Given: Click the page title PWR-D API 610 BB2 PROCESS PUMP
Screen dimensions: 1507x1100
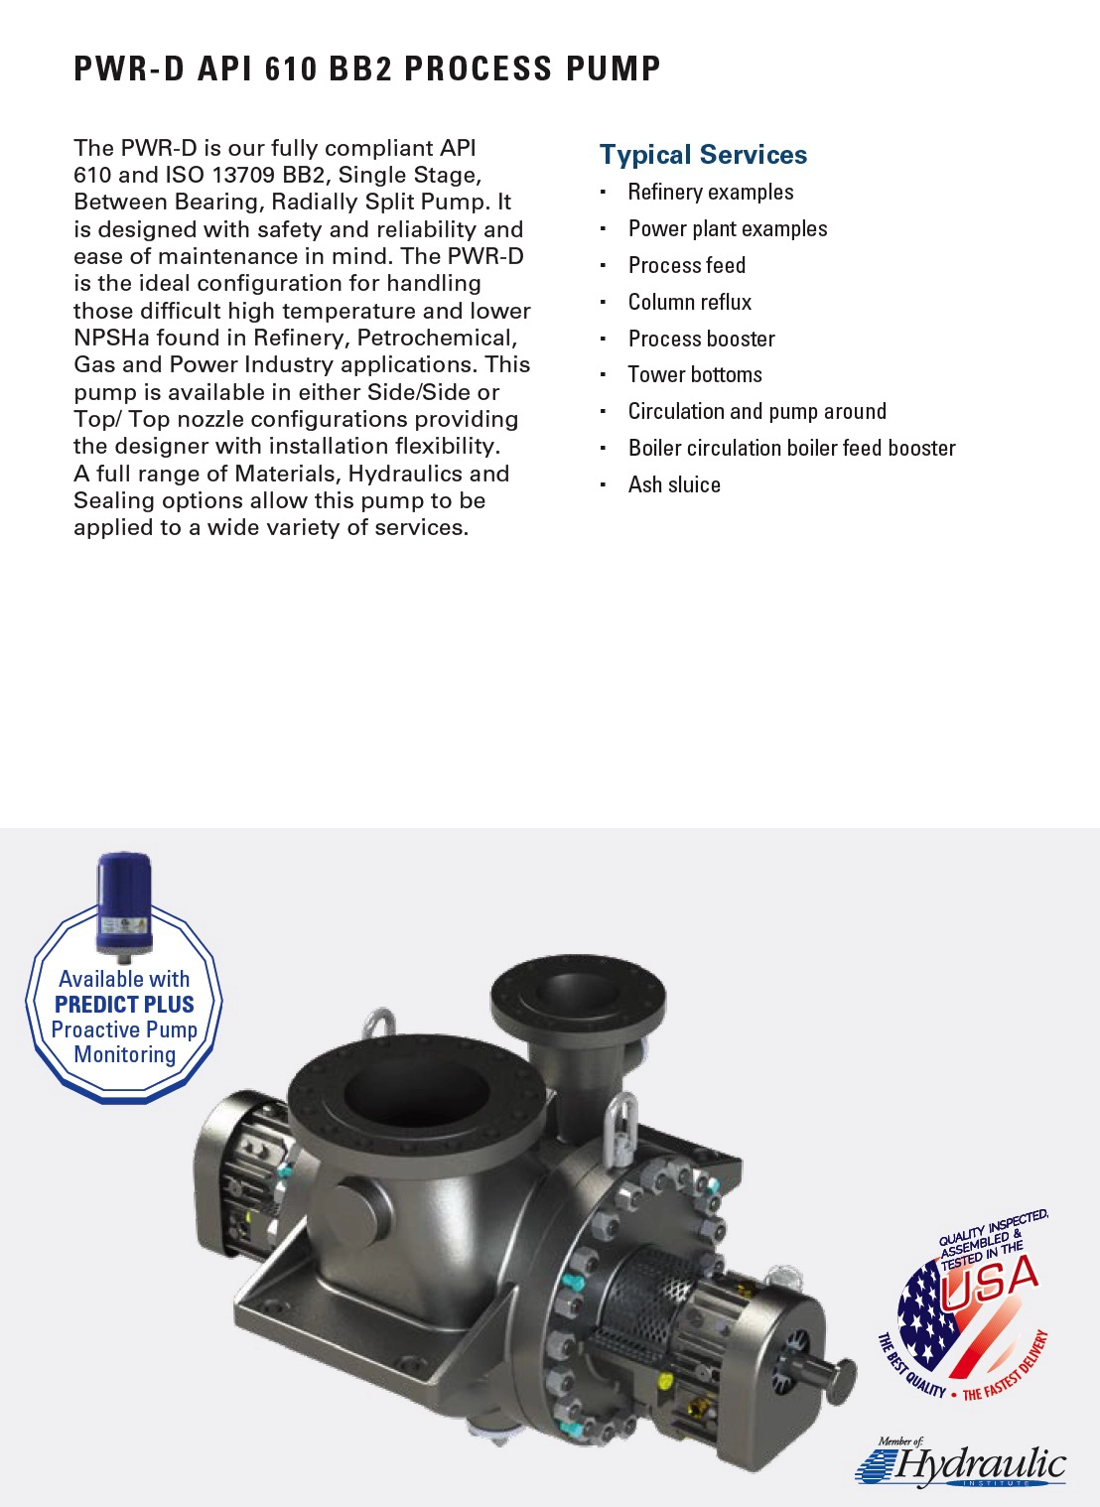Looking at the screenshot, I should coord(367,68).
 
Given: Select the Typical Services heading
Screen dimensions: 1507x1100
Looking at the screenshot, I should coord(703,155).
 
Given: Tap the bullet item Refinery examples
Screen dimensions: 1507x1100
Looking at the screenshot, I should coord(710,192).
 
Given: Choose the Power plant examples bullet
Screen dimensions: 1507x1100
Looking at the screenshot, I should coord(727,228).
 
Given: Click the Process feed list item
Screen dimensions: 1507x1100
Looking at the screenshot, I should coord(686,265).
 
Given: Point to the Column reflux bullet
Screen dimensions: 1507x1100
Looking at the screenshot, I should coord(689,302).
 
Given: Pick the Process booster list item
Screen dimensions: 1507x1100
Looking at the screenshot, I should coord(701,339).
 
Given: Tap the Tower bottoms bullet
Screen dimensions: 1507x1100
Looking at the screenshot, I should coord(695,374).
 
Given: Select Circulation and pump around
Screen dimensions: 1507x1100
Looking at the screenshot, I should coord(756,411).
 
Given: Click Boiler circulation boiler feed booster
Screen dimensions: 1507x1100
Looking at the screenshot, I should coord(791,448).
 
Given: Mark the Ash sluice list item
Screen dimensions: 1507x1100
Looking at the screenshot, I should coord(674,484).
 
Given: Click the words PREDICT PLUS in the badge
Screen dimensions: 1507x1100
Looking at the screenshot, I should coord(124,1005).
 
